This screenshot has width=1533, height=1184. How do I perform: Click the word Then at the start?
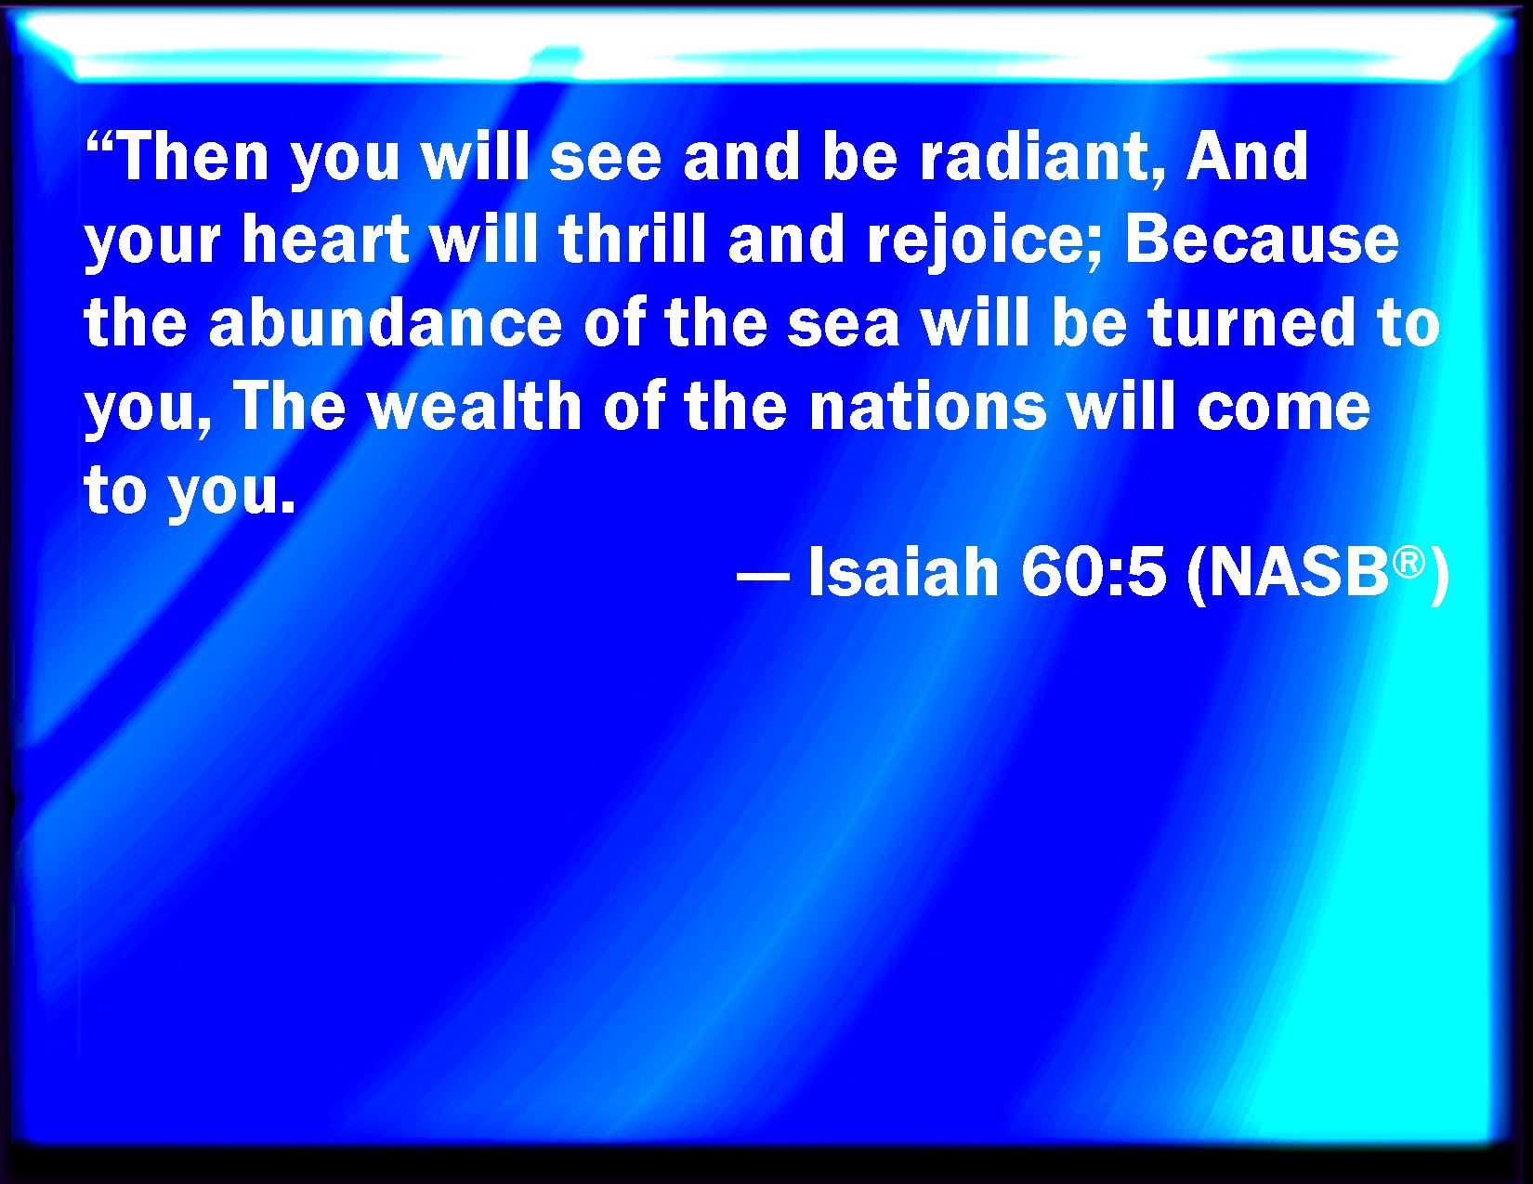[193, 156]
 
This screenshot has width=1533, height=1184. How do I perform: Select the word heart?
[325, 240]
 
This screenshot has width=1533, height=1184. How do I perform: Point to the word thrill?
[632, 240]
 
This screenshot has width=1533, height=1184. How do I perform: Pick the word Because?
[1262, 240]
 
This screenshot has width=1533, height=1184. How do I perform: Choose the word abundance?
[386, 323]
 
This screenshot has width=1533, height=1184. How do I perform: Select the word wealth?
[474, 406]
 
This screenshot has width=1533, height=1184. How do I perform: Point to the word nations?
[928, 407]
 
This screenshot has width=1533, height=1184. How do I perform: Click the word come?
[1283, 411]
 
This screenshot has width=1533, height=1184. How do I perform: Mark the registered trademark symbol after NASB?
[1409, 563]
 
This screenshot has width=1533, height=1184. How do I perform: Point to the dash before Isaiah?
[762, 577]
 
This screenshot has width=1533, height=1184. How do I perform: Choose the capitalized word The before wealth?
[289, 406]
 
